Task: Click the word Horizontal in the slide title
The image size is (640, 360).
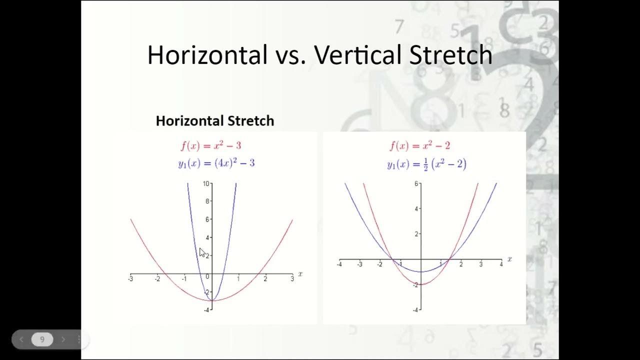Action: tap(207, 55)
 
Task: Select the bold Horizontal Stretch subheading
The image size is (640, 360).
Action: tap(215, 121)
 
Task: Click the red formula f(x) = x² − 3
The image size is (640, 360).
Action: tap(211, 146)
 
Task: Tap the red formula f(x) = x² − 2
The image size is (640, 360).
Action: tap(420, 146)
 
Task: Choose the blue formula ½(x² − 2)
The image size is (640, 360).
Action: tap(426, 164)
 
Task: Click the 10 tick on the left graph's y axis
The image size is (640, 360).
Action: tap(206, 183)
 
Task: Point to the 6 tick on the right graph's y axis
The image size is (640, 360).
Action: tap(416, 183)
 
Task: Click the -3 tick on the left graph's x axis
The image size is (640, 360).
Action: tap(131, 278)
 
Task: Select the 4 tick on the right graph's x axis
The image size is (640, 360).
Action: tap(501, 264)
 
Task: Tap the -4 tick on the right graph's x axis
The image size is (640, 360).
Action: tap(339, 264)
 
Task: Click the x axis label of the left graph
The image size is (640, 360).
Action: tap(300, 273)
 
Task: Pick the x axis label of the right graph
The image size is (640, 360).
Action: tap(509, 259)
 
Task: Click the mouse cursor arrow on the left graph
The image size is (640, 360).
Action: tap(202, 252)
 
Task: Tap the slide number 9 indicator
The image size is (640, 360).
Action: tap(42, 339)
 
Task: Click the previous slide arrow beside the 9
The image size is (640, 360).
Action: tap(21, 339)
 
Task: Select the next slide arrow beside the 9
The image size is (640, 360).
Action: tap(63, 339)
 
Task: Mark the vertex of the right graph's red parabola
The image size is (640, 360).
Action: tap(421, 284)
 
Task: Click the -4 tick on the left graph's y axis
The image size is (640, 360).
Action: tap(207, 309)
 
